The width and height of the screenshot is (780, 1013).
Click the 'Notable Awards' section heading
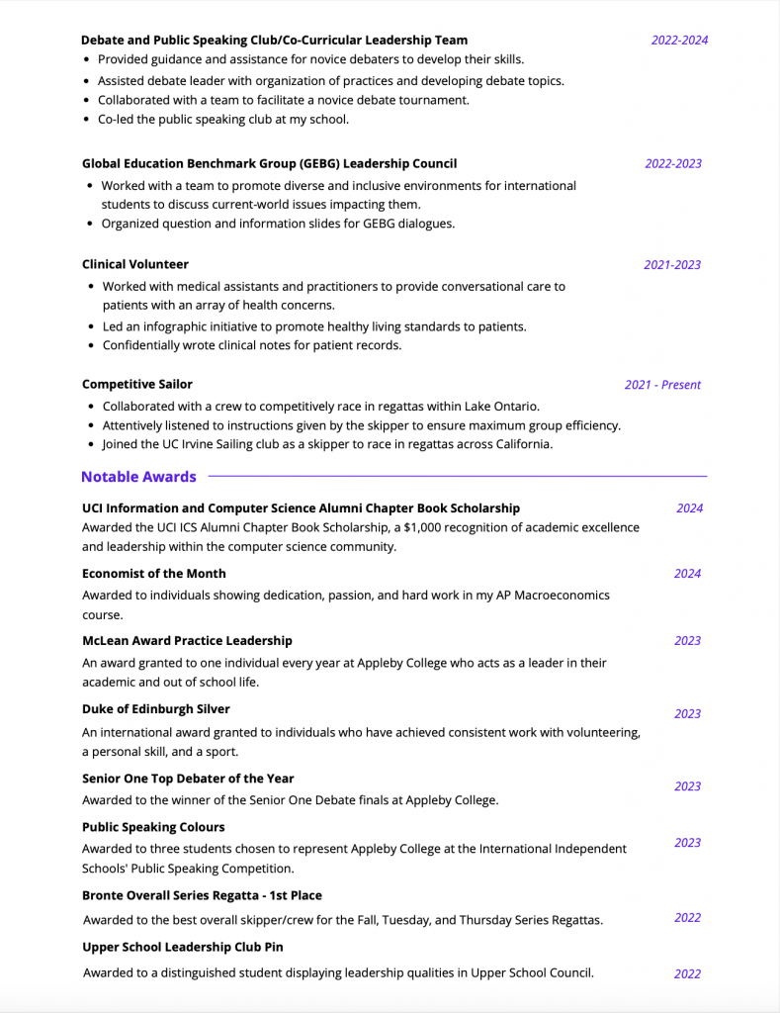tap(138, 477)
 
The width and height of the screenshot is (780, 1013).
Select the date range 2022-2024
tap(679, 41)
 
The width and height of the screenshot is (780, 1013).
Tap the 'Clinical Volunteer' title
tap(135, 264)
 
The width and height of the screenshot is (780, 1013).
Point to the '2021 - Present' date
tap(662, 385)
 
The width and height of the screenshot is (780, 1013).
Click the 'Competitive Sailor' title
tap(137, 384)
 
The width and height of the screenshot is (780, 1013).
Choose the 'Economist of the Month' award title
tap(154, 574)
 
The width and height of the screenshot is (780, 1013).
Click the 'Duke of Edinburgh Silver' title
tap(156, 709)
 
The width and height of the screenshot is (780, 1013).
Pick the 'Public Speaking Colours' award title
tap(153, 827)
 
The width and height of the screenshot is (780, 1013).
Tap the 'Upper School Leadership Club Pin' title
tap(183, 947)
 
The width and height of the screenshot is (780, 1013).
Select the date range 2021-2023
tap(672, 264)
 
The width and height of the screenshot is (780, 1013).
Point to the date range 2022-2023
tap(673, 163)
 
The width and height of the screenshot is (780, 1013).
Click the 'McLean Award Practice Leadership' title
tap(187, 641)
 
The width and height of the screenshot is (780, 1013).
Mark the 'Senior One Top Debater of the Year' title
tap(188, 779)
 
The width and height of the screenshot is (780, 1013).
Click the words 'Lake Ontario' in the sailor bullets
tap(503, 407)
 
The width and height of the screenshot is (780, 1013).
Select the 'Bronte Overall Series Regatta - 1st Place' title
tap(202, 895)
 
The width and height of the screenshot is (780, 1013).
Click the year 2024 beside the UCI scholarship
tap(689, 508)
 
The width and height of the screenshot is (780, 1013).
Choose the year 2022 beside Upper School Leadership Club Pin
tap(687, 973)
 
